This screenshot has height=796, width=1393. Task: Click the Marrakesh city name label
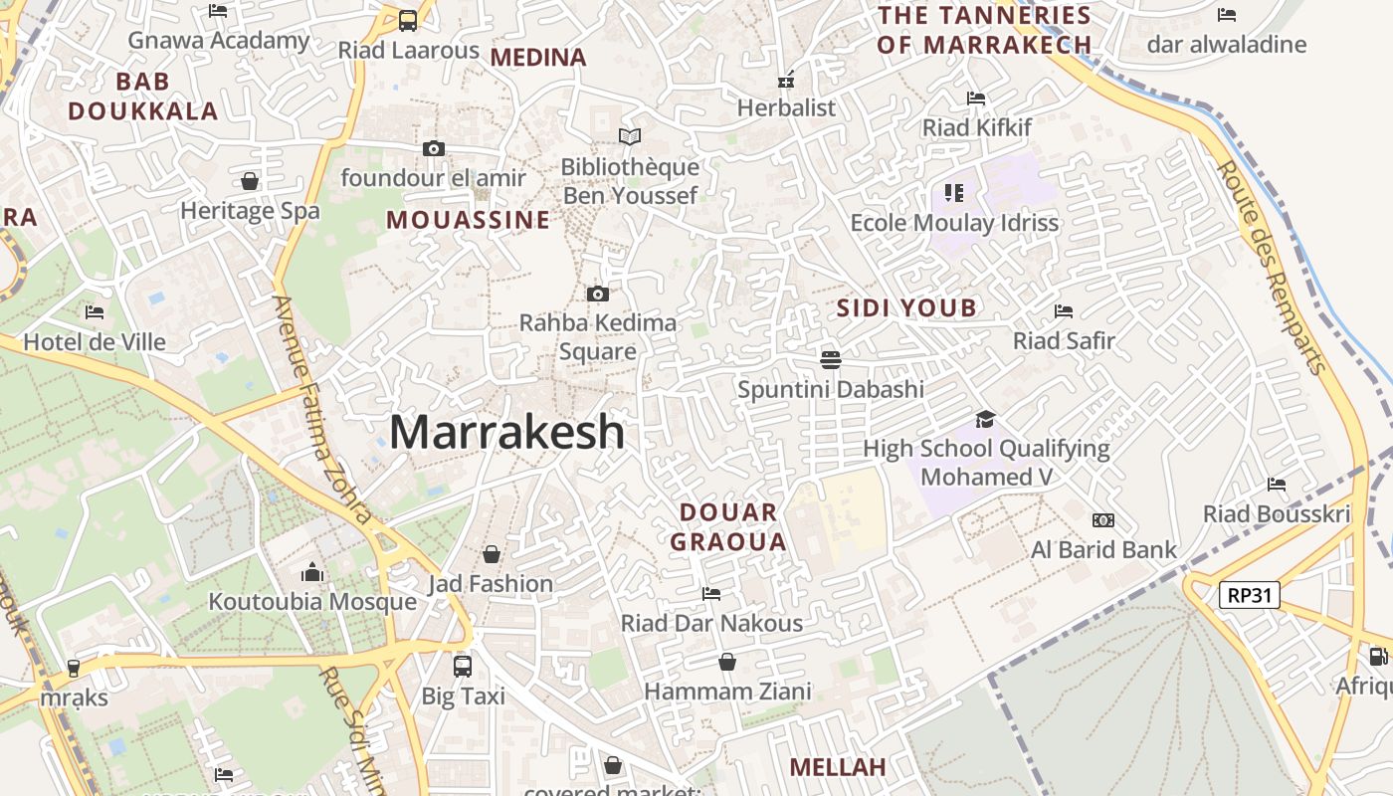[x=506, y=432]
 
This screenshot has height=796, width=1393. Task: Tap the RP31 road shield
[x=1250, y=595]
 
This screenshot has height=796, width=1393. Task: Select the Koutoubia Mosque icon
[x=312, y=572]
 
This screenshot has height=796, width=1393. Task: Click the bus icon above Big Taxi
[x=462, y=666]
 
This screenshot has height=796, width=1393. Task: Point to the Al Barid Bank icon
[x=1102, y=519]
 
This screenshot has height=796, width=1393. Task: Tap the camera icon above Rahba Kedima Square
[x=597, y=294]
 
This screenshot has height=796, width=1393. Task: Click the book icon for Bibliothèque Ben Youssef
[x=629, y=136]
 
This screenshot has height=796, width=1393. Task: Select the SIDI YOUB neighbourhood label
[x=906, y=307]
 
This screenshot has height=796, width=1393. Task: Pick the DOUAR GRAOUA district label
[x=728, y=527]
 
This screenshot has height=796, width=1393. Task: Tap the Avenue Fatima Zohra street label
[x=322, y=409]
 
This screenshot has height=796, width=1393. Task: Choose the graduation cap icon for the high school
[x=985, y=419]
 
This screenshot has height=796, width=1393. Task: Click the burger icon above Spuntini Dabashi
[x=831, y=358]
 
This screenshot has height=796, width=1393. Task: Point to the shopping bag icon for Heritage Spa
[x=250, y=181]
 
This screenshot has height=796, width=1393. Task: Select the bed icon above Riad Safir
[x=1063, y=310]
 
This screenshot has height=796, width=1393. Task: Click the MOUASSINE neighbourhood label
[x=468, y=220]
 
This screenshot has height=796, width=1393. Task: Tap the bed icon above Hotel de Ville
[x=95, y=311]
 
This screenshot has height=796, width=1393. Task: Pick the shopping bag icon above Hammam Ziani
[x=727, y=662]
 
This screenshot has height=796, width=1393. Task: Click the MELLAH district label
[x=838, y=767]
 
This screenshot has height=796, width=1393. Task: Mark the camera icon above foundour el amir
[x=434, y=148]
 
